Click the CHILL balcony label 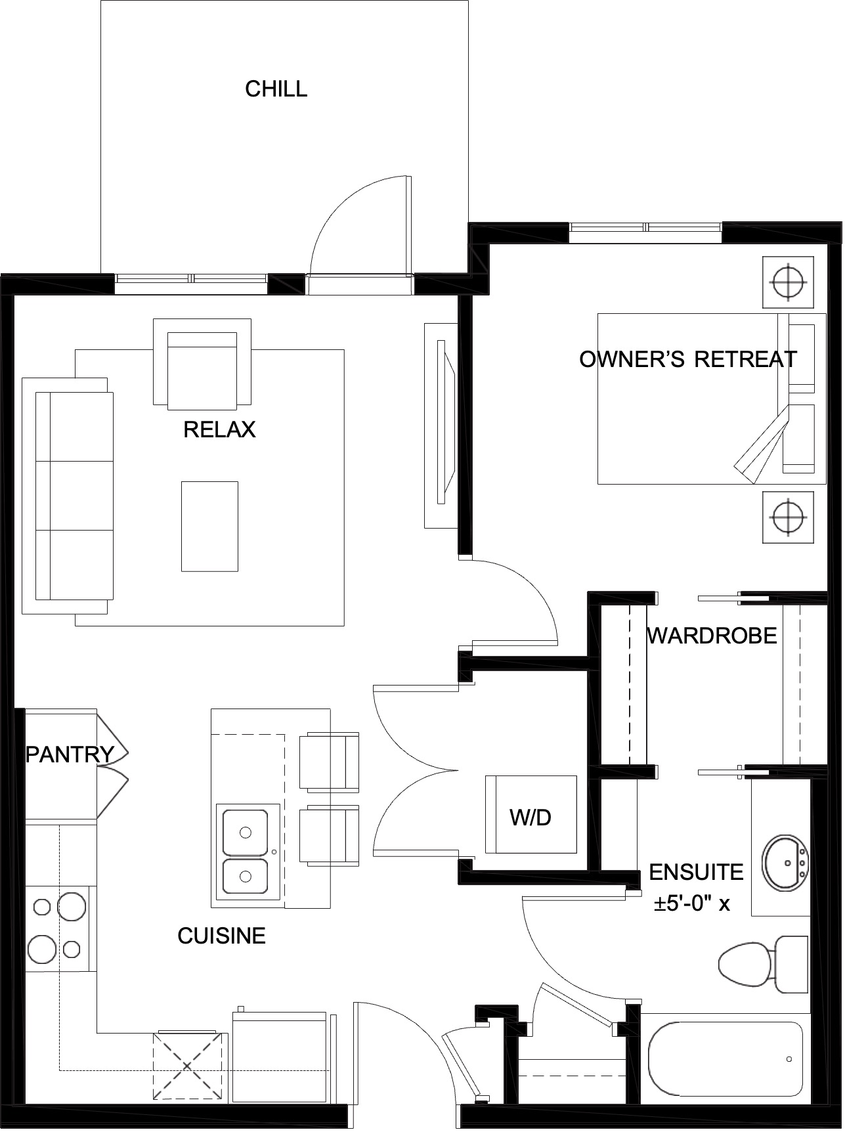(276, 89)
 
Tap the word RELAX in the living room (219, 430)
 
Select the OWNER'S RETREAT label (688, 359)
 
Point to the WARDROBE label (712, 636)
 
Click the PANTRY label (70, 754)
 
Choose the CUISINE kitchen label (222, 936)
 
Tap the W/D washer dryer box (531, 814)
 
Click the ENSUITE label (697, 872)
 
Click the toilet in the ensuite (764, 965)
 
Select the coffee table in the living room (209, 526)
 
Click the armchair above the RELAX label (202, 362)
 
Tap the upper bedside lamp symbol (788, 282)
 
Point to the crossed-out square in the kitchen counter (186, 1066)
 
